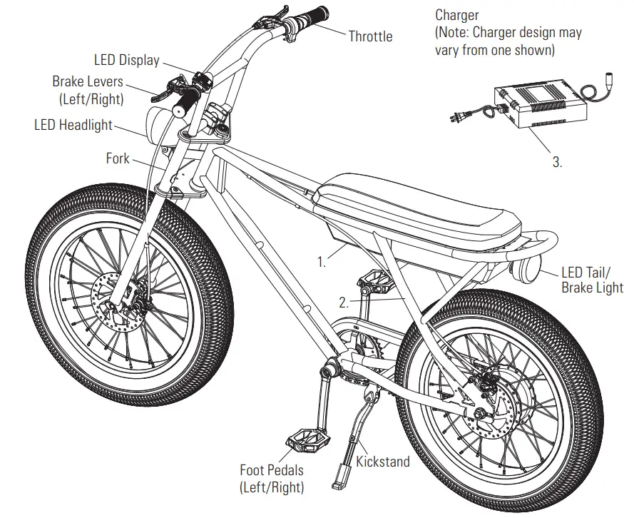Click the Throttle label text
(x=370, y=36)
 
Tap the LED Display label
(x=126, y=60)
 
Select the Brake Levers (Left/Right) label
(x=88, y=90)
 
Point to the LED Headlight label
(x=73, y=126)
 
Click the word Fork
(x=118, y=158)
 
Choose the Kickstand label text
(x=383, y=462)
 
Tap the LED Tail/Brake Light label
(x=592, y=280)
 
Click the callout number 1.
(x=322, y=261)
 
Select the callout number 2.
(x=344, y=302)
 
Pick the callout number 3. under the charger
(x=557, y=162)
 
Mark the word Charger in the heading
(x=457, y=15)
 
